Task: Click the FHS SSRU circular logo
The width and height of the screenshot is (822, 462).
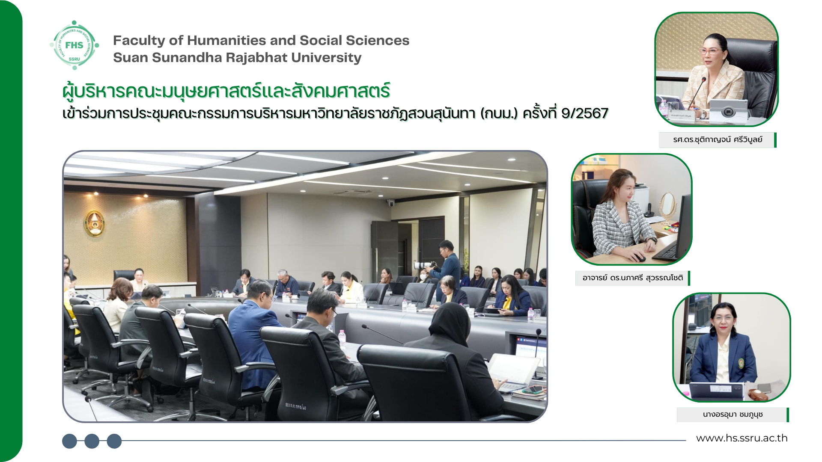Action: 74,45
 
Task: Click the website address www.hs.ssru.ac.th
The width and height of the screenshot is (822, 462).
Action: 742,438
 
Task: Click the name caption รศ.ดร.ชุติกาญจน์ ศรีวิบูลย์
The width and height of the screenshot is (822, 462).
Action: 718,140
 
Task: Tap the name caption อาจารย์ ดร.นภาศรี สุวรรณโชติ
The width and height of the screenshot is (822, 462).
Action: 632,278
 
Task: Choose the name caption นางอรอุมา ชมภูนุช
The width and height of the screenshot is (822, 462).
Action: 733,415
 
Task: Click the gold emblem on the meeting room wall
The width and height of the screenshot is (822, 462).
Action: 94,223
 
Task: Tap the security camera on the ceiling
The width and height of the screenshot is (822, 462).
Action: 390,203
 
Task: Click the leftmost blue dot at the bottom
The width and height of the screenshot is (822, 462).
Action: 70,441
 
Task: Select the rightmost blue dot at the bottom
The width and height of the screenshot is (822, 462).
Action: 114,441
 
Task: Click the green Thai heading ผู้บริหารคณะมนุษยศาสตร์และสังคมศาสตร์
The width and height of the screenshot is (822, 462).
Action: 226,91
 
